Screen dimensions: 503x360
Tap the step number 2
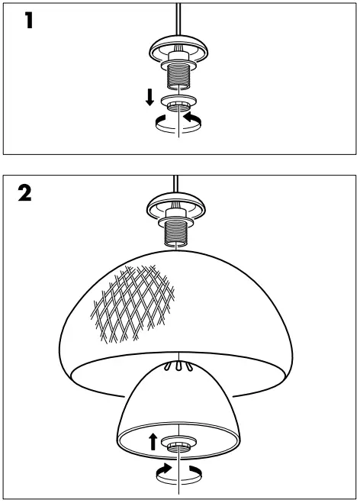coord(25,194)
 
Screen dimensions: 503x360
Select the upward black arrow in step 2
coord(153,440)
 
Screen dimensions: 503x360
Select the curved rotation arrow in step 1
coord(178,123)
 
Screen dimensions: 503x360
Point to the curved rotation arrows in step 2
coord(178,471)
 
